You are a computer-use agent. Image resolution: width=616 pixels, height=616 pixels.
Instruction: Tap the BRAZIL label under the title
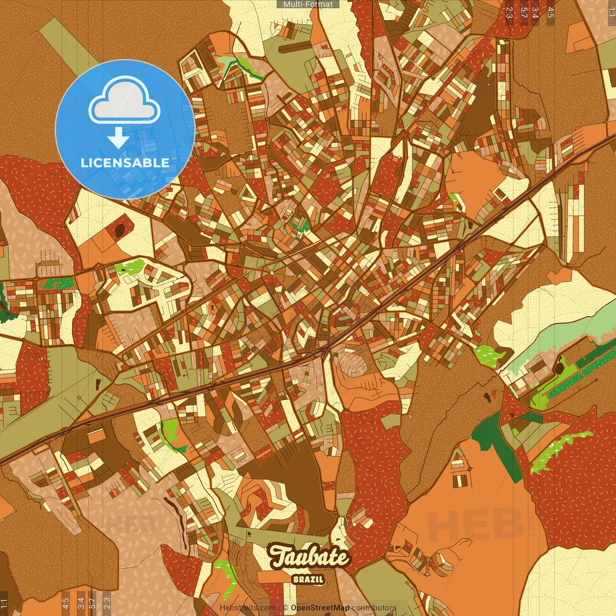pos(308,579)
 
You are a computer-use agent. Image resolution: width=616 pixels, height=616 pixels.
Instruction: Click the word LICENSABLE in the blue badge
pos(125,163)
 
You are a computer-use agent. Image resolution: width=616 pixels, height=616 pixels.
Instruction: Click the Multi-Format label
pos(308,4)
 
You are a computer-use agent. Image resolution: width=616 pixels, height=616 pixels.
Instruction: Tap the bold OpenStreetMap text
pos(320,608)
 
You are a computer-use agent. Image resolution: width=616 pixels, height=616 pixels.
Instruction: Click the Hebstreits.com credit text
pos(247,608)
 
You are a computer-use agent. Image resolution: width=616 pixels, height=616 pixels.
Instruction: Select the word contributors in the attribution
pos(374,608)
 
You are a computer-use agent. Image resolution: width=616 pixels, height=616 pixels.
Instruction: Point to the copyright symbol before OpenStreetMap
pos(285,608)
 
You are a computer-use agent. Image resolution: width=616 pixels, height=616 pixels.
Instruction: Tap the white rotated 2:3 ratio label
pos(509,13)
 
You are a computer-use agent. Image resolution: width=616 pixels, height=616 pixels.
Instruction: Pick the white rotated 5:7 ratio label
pos(524,13)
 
